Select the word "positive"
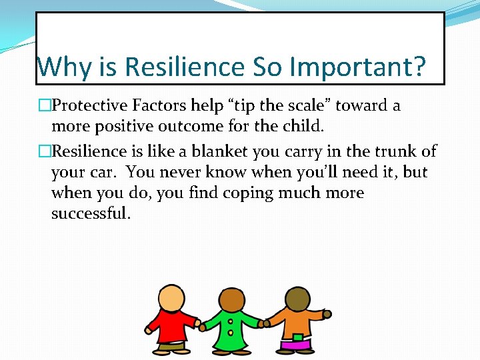(x=117, y=125)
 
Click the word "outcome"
(x=185, y=125)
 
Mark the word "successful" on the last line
(x=91, y=213)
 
